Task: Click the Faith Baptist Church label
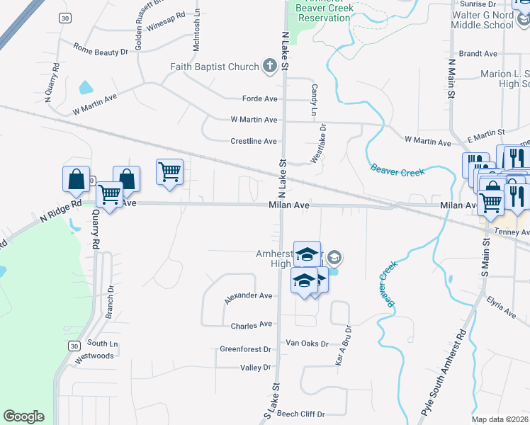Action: click(214, 67)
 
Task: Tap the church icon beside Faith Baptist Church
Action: click(269, 67)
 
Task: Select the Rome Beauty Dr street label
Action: click(101, 49)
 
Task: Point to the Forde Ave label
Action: click(259, 98)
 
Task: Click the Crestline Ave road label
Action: click(254, 141)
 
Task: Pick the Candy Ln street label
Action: click(313, 100)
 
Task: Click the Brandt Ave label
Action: click(478, 53)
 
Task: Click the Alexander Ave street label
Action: click(248, 297)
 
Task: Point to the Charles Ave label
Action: click(252, 324)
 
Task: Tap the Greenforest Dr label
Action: click(246, 349)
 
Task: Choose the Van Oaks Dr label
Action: click(307, 344)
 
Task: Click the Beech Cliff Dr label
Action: click(300, 414)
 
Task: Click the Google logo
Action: click(23, 416)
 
